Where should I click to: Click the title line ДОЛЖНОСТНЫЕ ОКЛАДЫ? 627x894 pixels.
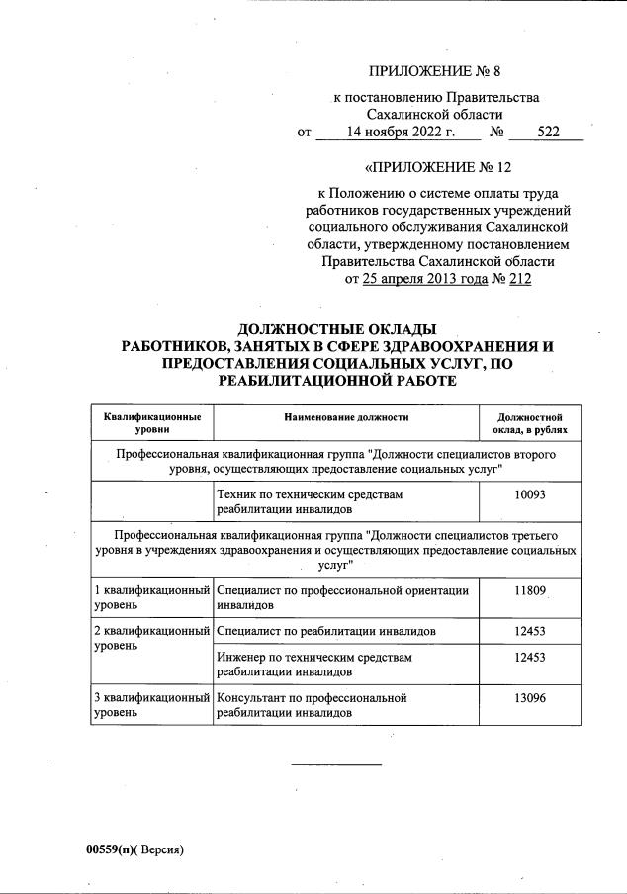336,329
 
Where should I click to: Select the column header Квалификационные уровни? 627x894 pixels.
152,423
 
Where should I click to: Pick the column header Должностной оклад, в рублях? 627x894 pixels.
529,423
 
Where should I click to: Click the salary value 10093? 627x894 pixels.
529,492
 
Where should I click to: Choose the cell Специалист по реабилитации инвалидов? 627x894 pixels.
326,631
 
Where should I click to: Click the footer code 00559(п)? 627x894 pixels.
110,849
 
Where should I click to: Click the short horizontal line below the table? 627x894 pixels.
336,764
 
